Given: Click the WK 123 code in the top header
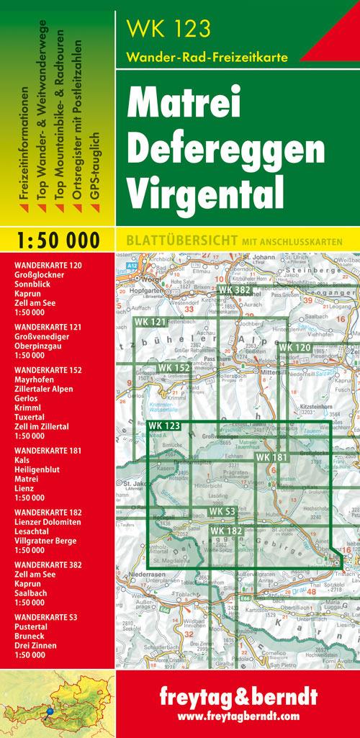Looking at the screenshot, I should (x=168, y=30).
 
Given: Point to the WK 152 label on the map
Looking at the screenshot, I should (x=174, y=369).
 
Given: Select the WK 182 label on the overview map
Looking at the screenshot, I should (x=226, y=531).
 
